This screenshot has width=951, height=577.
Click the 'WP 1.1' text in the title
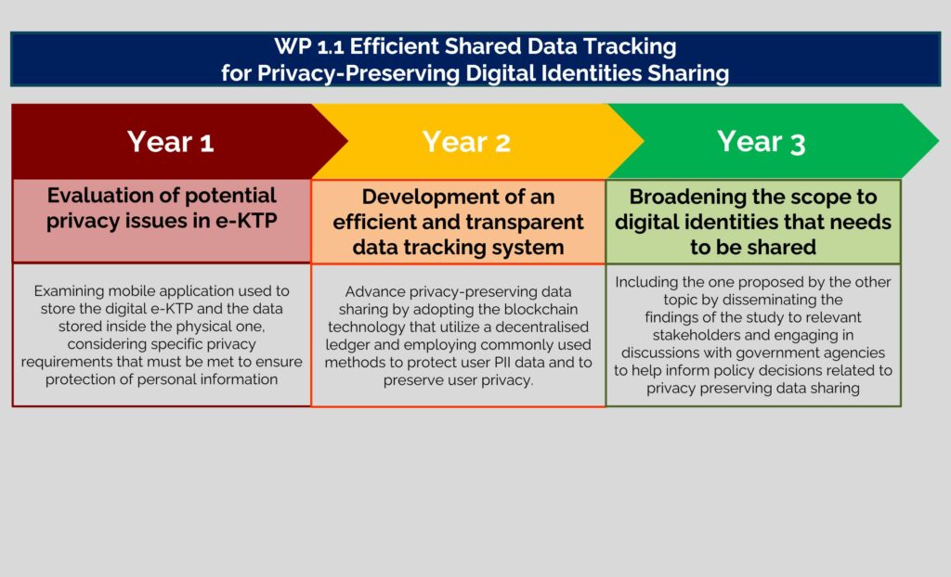pyautogui.click(x=308, y=46)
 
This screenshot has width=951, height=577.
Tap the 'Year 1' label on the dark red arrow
pyautogui.click(x=171, y=142)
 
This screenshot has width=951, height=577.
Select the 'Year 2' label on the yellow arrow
pyautogui.click(x=466, y=142)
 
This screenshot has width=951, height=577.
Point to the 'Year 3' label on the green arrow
pyautogui.click(x=762, y=142)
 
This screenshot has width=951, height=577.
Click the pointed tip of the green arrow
pyautogui.click(x=938, y=141)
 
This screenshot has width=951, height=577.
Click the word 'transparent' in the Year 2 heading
pyautogui.click(x=519, y=222)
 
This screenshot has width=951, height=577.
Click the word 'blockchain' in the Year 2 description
pyautogui.click(x=541, y=309)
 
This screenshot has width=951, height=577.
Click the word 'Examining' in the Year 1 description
pyautogui.click(x=69, y=291)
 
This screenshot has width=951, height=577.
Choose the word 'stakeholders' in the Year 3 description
pyautogui.click(x=695, y=335)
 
